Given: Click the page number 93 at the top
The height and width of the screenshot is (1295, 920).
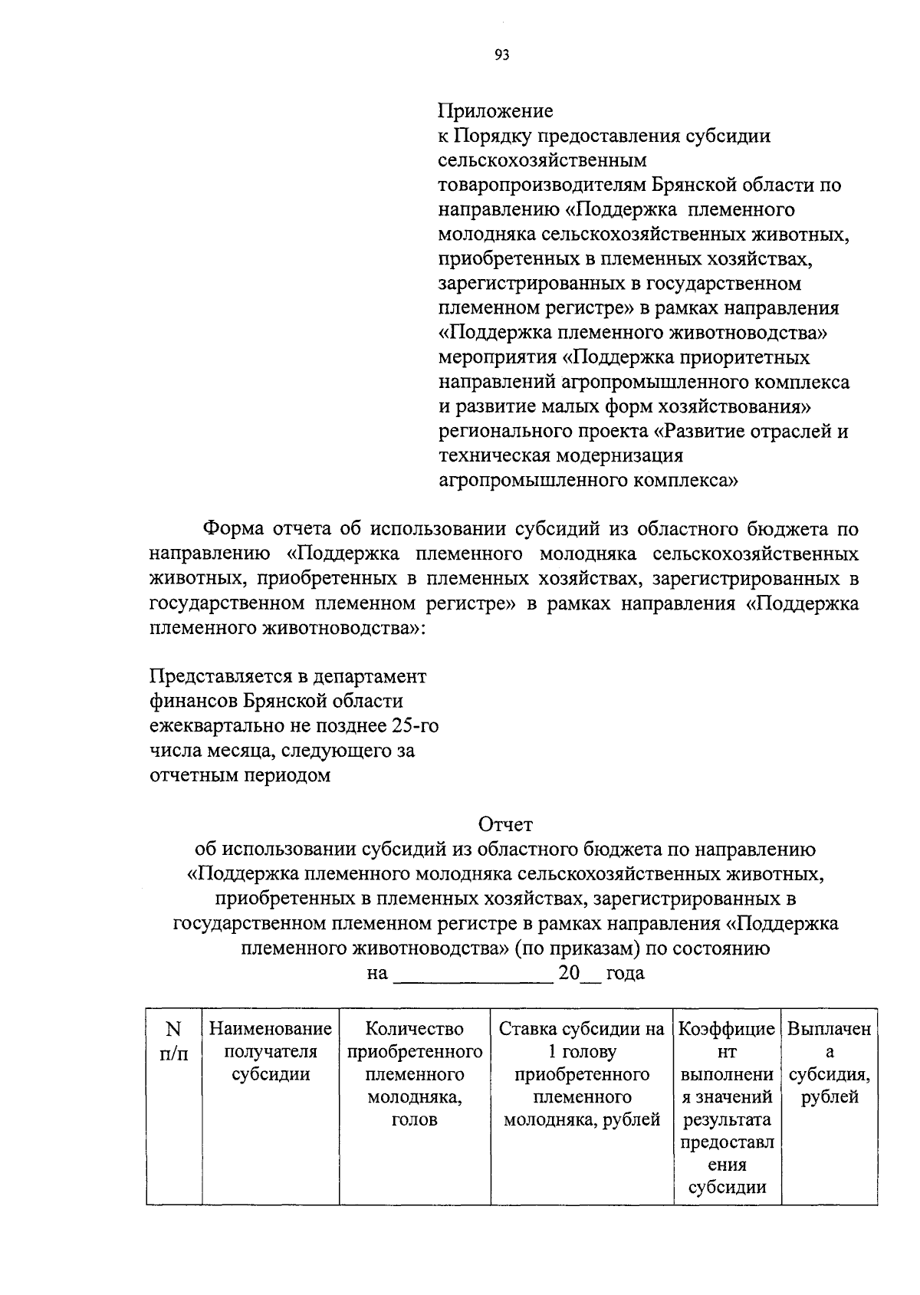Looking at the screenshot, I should pos(502,54).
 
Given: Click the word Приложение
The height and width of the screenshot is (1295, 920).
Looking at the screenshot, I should pos(495,111).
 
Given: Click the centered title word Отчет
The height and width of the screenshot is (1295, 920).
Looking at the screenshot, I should pos(505,824).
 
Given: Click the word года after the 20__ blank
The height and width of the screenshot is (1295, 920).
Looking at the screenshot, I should pos(625,974).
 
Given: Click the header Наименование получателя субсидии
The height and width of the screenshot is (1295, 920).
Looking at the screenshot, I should pos(270,1051).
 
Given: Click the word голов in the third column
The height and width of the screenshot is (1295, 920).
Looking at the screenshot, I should pos(414,1120).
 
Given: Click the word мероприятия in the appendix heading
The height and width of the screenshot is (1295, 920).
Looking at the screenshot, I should pos(497,357).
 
